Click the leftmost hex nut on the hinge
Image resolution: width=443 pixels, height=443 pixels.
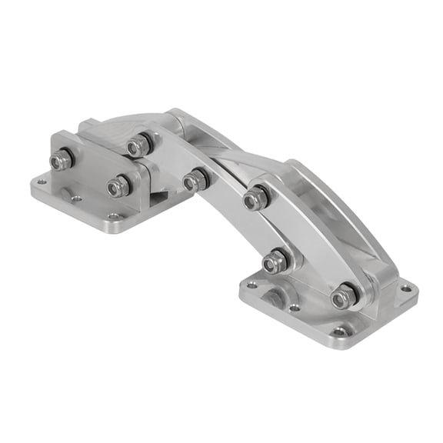coord(61,160)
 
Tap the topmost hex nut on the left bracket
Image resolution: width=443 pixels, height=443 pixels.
coord(138,144)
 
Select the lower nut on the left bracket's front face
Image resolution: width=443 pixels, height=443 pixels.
coord(118,185)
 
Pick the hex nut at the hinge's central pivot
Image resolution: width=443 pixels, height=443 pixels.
coord(195,180)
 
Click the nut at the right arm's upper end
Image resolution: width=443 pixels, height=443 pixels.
coord(255,198)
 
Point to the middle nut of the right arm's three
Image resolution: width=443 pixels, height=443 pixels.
coord(275,263)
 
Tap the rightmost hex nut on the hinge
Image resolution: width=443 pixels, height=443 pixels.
coord(343,295)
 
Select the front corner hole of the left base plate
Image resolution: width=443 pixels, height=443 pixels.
coord(113,217)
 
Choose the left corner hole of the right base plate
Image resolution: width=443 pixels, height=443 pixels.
coord(251,285)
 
